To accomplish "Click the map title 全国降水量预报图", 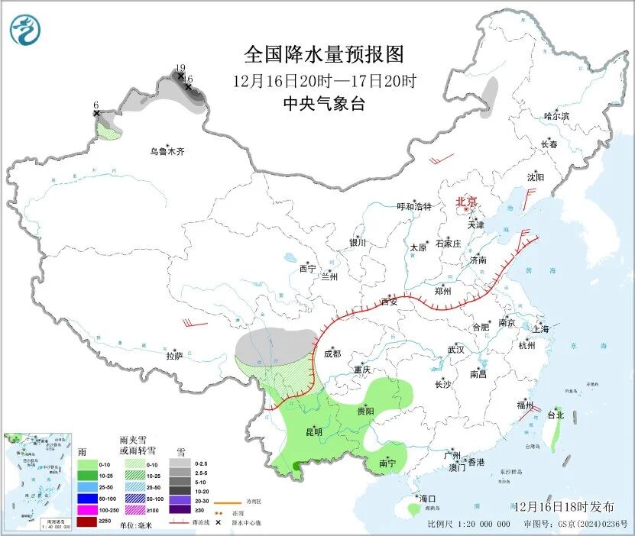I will coord(323,54).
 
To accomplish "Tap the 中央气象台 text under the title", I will coord(323,104).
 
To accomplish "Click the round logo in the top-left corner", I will coord(25,30).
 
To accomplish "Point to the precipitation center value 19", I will coord(180,68).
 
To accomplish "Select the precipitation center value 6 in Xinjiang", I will coord(96,105).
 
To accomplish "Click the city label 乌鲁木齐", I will coord(167,152).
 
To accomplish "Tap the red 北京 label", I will coord(466,202).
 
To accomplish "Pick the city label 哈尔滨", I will coord(556,116).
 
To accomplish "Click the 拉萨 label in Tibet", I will coord(174,355).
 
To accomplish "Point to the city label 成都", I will coord(332,354).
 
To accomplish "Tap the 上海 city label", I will coord(541,329).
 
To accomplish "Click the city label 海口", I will coord(427,499).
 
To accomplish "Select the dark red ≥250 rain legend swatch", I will coord(86,521).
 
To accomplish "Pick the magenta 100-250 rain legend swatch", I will coord(86,510).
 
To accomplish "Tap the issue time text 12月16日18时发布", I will coord(563,506).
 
